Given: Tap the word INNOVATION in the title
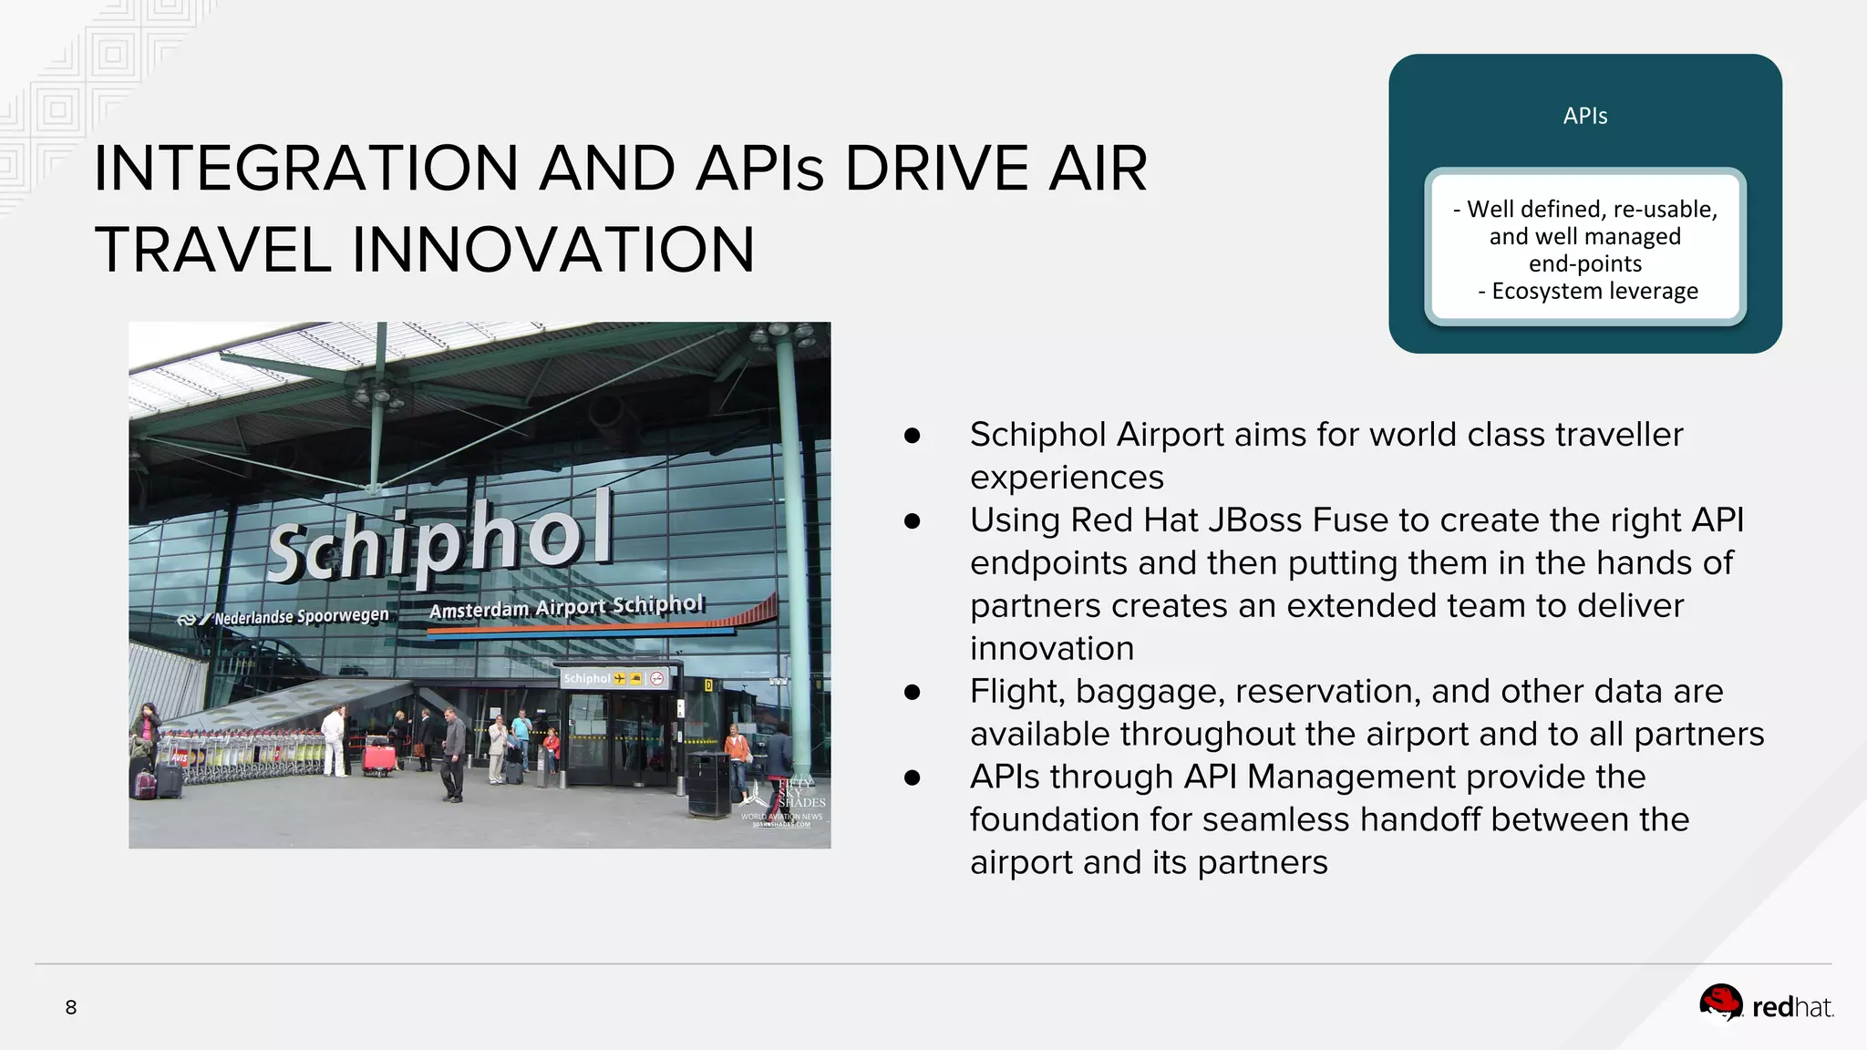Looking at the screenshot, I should (552, 250).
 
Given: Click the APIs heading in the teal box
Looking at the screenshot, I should (1584, 116).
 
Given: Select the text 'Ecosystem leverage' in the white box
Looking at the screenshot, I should (1594, 291).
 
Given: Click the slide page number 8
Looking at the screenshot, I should (71, 1007).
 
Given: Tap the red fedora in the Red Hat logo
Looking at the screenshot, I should (1720, 1002).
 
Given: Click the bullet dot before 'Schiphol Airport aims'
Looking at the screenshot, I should (912, 435).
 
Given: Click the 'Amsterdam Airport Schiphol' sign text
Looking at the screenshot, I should (566, 607).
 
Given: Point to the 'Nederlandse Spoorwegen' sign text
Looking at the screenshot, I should (301, 616).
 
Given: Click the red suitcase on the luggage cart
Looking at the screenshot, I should (379, 757).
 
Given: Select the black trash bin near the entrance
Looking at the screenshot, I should (707, 785).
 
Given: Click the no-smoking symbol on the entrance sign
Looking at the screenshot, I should (657, 678).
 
